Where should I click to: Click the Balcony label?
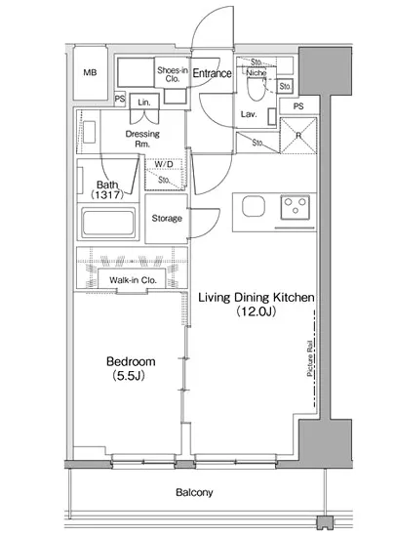pos(194,492)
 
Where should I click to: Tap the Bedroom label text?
pos(131,361)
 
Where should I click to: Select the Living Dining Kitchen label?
pos(257,297)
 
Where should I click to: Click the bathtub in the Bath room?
pos(108,223)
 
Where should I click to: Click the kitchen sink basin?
pos(254,207)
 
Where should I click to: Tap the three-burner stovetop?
pos(296,207)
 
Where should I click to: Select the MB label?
pos(90,72)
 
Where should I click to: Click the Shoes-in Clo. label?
pos(172,74)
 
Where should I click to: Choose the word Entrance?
pos(212,73)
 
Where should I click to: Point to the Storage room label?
pos(167,218)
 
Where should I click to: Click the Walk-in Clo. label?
pos(133,280)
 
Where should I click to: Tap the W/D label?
pos(164,164)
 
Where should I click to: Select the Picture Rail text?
pos(310,358)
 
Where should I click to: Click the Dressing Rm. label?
pos(142,139)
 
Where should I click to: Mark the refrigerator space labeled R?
pos(298,136)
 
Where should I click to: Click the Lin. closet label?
pos(144,103)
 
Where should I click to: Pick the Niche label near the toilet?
pos(257,73)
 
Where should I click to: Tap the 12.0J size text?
pos(256,311)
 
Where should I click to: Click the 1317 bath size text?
pos(107,195)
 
